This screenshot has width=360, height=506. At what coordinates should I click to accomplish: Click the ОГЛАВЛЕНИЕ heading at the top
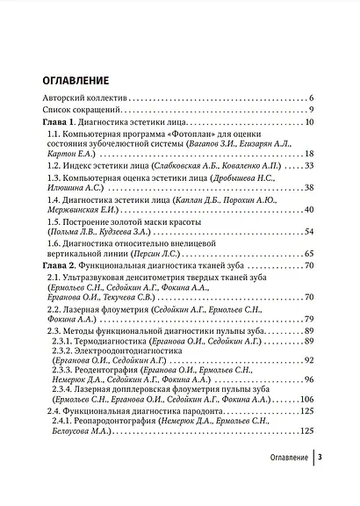tap(83, 79)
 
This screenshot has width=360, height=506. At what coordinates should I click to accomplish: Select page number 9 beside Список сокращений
tap(311, 110)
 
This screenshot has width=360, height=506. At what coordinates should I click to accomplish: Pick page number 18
tap(308, 160)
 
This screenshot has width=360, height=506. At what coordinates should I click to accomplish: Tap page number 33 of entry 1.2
tap(308, 175)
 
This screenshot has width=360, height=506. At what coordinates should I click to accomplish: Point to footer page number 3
tap(320, 482)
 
